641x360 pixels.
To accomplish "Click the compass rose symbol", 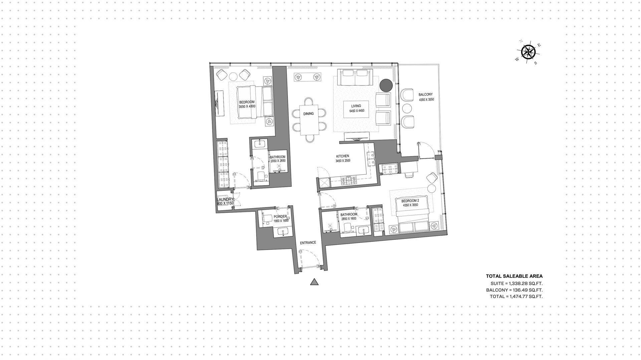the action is pyautogui.click(x=528, y=52).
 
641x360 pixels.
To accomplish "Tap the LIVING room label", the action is pyautogui.click(x=356, y=106).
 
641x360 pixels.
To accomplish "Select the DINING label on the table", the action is pyautogui.click(x=308, y=114).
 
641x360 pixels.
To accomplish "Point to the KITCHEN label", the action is pyautogui.click(x=343, y=156).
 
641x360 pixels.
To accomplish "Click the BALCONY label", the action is pyautogui.click(x=426, y=95).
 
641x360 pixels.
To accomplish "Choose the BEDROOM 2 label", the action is pyautogui.click(x=410, y=201).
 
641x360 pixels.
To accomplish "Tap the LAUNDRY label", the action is pyautogui.click(x=225, y=199).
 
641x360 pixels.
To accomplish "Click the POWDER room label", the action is pyautogui.click(x=280, y=216).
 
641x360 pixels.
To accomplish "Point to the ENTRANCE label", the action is pyautogui.click(x=308, y=242).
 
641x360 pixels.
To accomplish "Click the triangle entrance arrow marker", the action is pyautogui.click(x=314, y=282).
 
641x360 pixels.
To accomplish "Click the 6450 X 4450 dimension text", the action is pyautogui.click(x=357, y=111).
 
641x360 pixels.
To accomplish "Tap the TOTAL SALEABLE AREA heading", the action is pyautogui.click(x=514, y=276).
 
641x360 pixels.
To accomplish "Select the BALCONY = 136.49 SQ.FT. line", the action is pyautogui.click(x=514, y=290).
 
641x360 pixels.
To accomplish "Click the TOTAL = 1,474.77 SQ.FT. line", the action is pyautogui.click(x=516, y=296).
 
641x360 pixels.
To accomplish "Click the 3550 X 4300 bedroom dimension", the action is pyautogui.click(x=247, y=107).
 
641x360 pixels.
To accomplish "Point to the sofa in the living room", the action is pyautogui.click(x=354, y=78).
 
